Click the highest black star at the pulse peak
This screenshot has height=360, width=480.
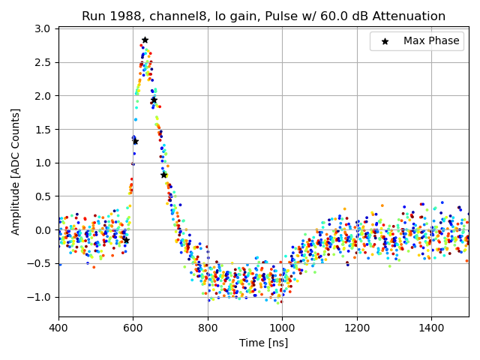click(x=145, y=40)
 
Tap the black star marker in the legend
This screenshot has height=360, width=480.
click(x=385, y=41)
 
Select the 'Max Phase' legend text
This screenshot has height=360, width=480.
click(x=431, y=41)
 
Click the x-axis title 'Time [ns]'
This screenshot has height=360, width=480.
click(x=263, y=343)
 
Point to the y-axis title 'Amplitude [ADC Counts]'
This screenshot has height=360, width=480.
click(x=16, y=172)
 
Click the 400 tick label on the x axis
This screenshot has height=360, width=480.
click(x=58, y=327)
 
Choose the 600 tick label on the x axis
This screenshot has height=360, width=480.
click(x=133, y=327)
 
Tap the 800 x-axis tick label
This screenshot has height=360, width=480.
click(x=208, y=327)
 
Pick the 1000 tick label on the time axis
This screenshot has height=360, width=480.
click(x=282, y=327)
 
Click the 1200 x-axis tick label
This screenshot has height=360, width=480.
click(x=357, y=327)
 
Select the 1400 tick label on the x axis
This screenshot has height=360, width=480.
click(x=431, y=327)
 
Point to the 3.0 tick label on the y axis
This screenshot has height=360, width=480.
click(x=43, y=29)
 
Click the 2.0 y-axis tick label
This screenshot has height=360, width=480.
click(x=43, y=96)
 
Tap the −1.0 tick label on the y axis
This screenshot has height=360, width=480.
click(x=40, y=297)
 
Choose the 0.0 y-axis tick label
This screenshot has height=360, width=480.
click(x=43, y=230)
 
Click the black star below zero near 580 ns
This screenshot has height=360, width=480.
click(x=126, y=240)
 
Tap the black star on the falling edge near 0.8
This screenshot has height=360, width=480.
click(x=163, y=175)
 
